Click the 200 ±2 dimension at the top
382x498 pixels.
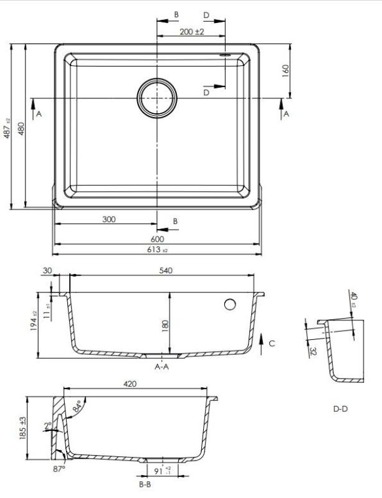[x=192, y=31]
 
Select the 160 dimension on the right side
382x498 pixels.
[x=286, y=70]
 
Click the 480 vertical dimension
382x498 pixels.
[x=21, y=128]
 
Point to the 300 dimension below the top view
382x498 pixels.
[x=109, y=220]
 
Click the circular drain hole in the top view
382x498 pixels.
[x=157, y=98]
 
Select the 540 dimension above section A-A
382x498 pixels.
[x=165, y=270]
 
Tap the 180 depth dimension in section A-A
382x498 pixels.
[x=166, y=326]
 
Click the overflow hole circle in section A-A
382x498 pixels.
[x=229, y=304]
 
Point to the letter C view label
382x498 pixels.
[x=272, y=343]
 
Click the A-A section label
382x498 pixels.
[x=162, y=367]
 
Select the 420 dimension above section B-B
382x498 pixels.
[x=130, y=385]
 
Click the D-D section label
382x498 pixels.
[x=340, y=409]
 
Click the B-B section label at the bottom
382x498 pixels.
[x=146, y=484]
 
